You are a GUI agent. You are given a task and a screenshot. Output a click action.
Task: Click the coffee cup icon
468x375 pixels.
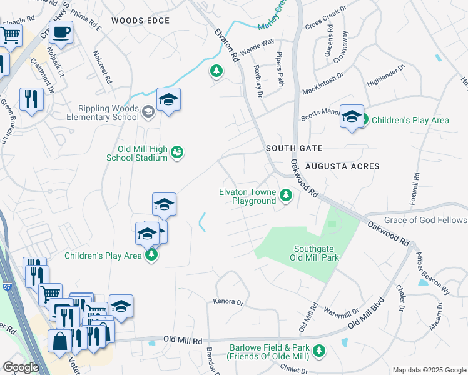point(61,32)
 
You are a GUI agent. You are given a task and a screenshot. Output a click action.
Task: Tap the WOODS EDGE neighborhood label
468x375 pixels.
point(141,21)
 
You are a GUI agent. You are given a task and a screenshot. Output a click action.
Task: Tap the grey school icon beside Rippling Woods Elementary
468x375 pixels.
point(148,112)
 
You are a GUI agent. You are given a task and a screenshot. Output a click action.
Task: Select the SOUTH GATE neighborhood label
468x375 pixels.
point(293,148)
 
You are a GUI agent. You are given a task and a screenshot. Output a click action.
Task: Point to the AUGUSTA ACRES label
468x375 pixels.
point(342,166)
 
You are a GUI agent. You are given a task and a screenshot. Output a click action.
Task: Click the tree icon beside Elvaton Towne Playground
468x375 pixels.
point(285,196)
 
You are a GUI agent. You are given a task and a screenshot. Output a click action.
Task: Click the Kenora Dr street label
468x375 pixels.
point(228,302)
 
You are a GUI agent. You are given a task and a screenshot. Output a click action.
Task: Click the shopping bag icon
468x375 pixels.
point(61,342)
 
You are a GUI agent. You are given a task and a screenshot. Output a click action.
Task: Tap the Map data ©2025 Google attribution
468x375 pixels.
point(429,369)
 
